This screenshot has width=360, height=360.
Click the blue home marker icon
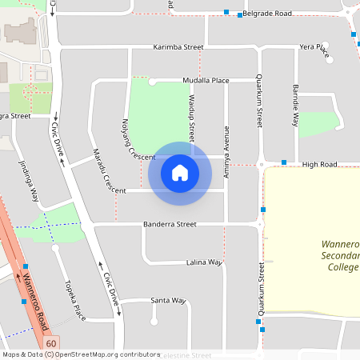pyautogui.click(x=180, y=172)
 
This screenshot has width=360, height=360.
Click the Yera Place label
pyautogui.click(x=314, y=48)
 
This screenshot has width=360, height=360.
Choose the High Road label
pyautogui.click(x=320, y=164)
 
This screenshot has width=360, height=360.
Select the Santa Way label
pyautogui.click(x=168, y=301)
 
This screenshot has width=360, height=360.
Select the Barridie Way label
pyautogui.click(x=295, y=105)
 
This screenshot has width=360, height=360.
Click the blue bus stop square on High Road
pyautogui.click(x=283, y=163)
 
